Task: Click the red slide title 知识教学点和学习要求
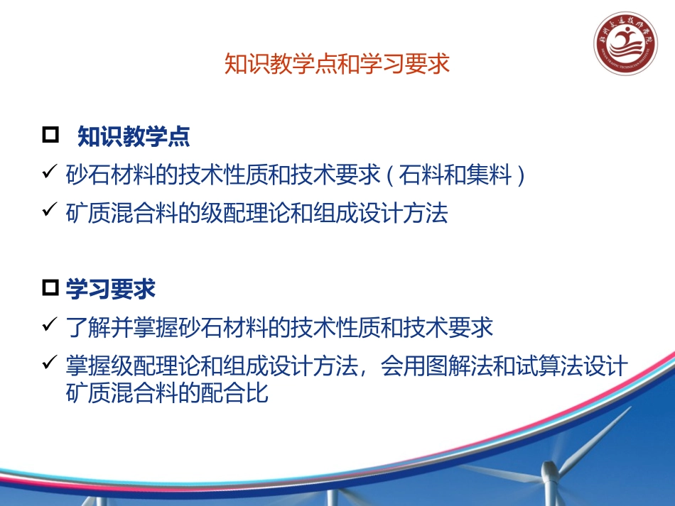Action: pyautogui.click(x=337, y=64)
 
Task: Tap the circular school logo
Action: pyautogui.click(x=624, y=48)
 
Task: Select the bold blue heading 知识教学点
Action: pyautogui.click(x=134, y=136)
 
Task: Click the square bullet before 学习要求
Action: pyautogui.click(x=51, y=288)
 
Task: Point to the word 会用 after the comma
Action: pyautogui.click(x=404, y=367)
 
